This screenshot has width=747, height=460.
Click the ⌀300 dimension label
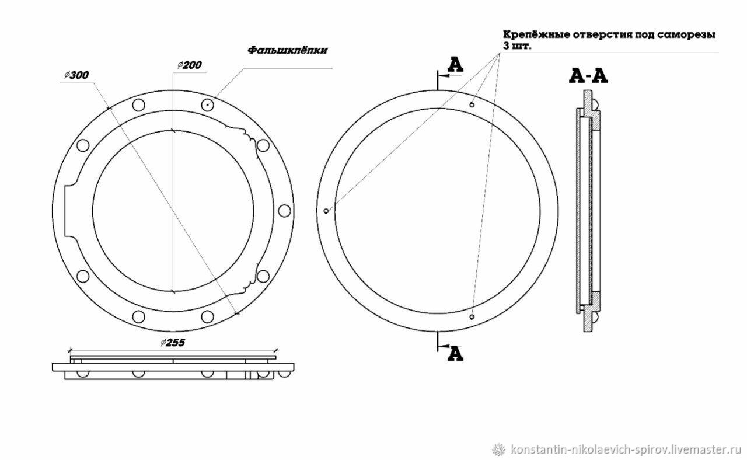point(76,75)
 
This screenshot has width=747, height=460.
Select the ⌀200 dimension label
point(190,65)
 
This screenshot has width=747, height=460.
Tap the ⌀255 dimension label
point(173,343)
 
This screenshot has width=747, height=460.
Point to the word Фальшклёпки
point(288,50)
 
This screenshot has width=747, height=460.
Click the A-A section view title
point(588,76)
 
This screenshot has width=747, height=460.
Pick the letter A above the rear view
point(455,65)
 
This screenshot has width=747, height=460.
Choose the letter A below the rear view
point(455,354)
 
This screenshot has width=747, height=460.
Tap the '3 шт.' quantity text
point(517,46)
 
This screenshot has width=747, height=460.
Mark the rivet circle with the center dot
point(207,105)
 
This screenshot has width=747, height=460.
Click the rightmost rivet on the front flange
point(284,211)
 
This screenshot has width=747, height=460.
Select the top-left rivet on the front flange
point(138,105)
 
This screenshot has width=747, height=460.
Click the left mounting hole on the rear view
point(326,211)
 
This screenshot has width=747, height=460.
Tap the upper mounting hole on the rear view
point(472,105)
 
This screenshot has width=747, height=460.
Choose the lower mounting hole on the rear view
point(471,316)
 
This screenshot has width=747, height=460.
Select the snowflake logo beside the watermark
point(499,449)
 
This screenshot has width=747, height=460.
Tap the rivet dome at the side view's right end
point(284,374)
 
